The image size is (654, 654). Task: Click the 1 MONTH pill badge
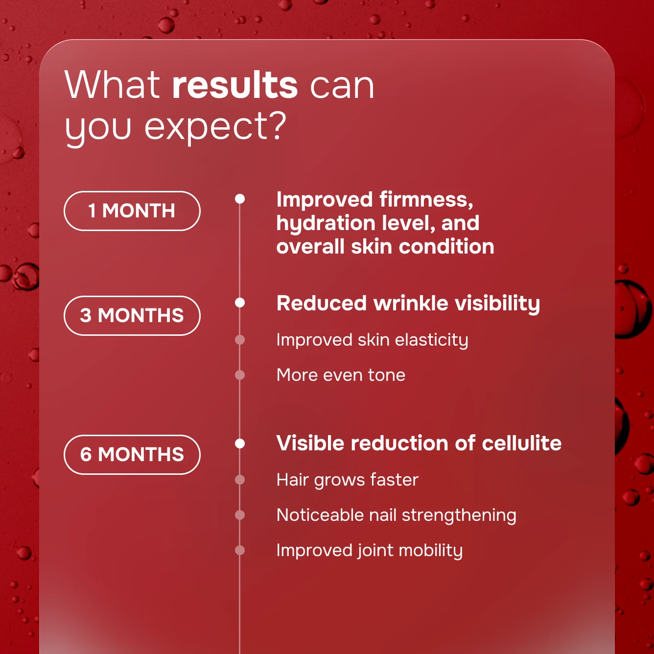[132, 211]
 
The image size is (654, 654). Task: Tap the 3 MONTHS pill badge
[132, 315]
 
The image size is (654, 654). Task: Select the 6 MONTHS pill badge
[132, 454]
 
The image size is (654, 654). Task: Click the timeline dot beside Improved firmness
[240, 199]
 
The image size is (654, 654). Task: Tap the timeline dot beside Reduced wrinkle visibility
[240, 303]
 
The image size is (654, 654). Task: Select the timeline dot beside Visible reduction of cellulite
[240, 443]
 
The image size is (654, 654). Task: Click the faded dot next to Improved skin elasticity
[240, 340]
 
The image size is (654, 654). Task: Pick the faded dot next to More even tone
[240, 375]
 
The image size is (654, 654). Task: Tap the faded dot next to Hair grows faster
[240, 480]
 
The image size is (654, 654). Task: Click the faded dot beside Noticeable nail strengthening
[240, 515]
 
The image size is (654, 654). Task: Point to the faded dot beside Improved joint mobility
[240, 550]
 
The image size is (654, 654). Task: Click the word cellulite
[522, 443]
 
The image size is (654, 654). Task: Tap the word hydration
[326, 224]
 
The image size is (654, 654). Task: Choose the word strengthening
[459, 516]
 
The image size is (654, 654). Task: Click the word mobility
[431, 551]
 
